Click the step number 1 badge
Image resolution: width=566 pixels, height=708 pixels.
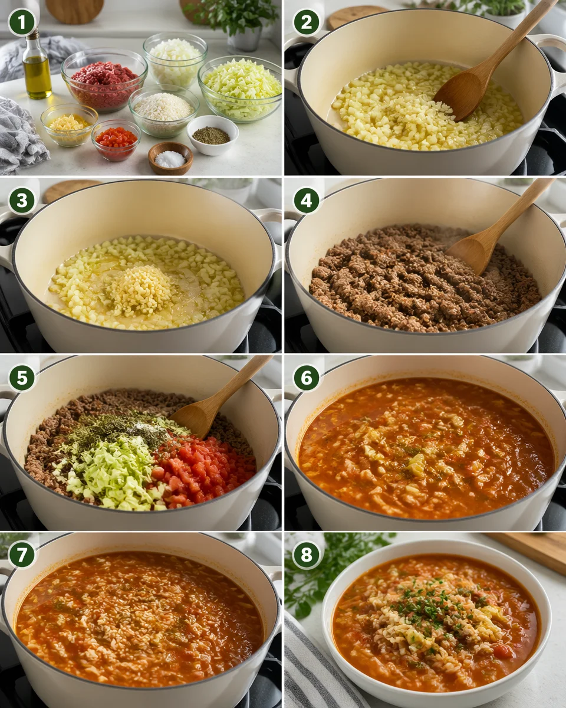[x=22, y=23]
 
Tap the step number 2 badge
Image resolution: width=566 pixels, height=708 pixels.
[x=307, y=23]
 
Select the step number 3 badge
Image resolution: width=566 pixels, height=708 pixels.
[x=22, y=201]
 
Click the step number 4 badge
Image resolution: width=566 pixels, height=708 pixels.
[x=307, y=201]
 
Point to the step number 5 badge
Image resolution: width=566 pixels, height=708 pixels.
[x=22, y=378]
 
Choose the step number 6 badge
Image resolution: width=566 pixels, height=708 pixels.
[x=307, y=378]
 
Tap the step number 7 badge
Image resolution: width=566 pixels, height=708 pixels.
[x=22, y=555]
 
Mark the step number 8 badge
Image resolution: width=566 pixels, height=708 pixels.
[x=307, y=555]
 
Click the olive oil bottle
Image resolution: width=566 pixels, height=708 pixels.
[x=37, y=68]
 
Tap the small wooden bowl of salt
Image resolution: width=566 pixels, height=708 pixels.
[x=170, y=158]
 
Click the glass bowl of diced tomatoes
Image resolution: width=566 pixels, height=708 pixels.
[x=116, y=139]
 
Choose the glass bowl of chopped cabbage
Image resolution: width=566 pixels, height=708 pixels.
[x=241, y=88]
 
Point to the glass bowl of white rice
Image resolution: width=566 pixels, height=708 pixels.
[x=164, y=110]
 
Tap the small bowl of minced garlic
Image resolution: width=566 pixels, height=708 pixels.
[x=70, y=124]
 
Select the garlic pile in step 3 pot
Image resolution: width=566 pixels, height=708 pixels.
[x=140, y=290]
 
